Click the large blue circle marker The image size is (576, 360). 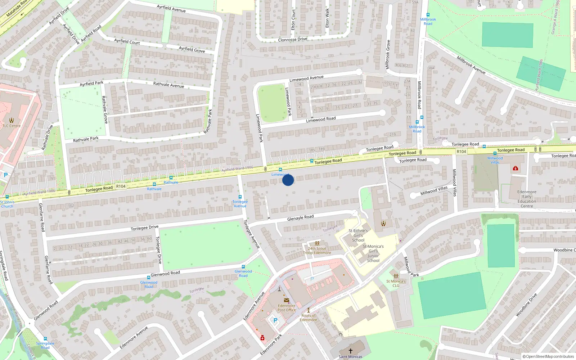[288, 180]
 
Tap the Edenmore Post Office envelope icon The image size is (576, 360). [287, 300]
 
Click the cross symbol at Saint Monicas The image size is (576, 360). [350, 350]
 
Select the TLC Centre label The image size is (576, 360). [12, 126]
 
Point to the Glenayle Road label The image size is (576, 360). [300, 217]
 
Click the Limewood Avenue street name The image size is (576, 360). [306, 78]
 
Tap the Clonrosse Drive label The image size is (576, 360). [293, 39]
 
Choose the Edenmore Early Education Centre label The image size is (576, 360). [527, 199]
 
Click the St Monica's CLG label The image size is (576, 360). [396, 283]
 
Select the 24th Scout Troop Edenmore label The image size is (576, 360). [317, 251]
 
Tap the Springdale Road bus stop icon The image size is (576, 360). [45, 339]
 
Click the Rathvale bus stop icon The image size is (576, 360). [154, 184]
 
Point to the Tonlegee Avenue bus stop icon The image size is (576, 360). [240, 197]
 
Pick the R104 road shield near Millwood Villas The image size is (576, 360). [461, 152]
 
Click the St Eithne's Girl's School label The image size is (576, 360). [358, 235]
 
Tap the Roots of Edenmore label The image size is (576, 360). [309, 318]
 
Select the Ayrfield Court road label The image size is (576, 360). [127, 41]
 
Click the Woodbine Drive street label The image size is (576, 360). [526, 305]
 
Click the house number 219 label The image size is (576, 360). [392, 135]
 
